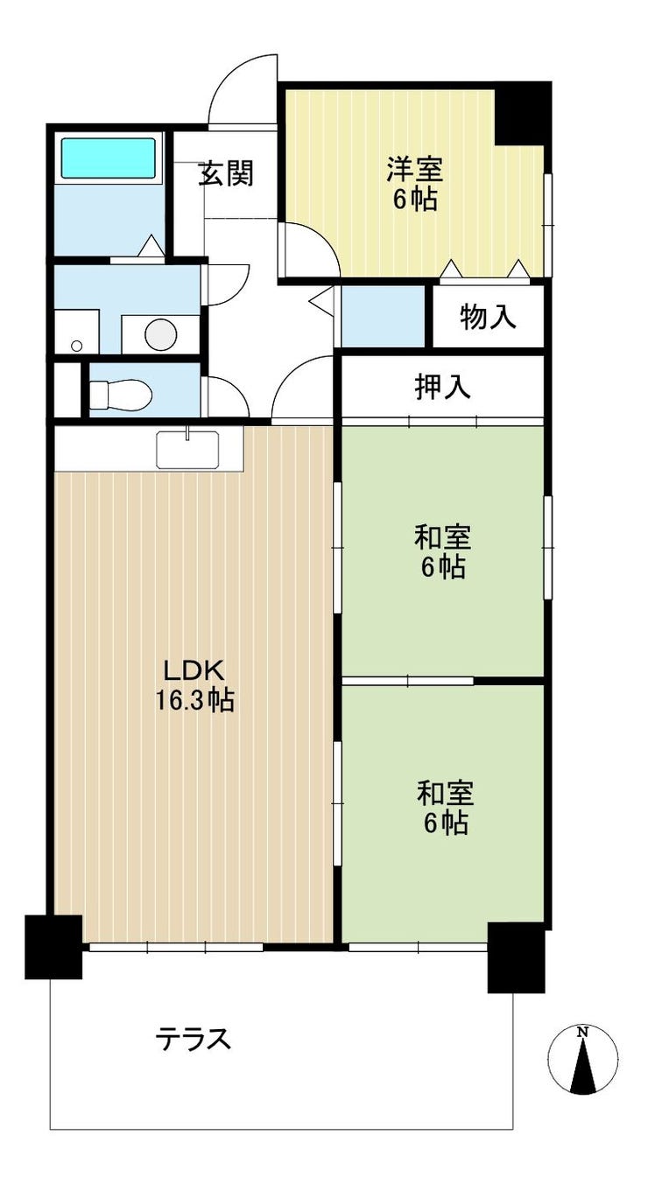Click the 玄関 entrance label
[226, 172]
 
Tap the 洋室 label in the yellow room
[414, 170]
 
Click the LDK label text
[194, 670]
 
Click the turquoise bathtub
[109, 158]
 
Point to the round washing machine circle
[161, 334]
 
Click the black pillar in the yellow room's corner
[523, 113]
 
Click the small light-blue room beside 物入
[383, 316]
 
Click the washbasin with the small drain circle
[77, 332]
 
